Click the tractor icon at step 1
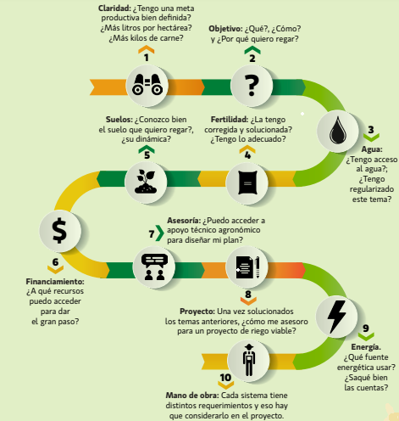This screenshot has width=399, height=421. tap(147, 84)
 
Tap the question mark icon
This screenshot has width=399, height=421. tap(252, 86)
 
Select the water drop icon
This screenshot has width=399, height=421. tap(338, 131)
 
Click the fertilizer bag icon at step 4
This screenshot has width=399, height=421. tap(247, 182)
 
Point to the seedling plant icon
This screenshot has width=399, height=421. tap(146, 182)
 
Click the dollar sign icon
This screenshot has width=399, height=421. tap(59, 231)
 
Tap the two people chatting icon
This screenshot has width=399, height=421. tap(154, 267)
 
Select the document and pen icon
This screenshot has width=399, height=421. tap(247, 267)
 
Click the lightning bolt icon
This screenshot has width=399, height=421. tap(336, 317)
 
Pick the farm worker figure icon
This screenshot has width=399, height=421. tap(249, 360)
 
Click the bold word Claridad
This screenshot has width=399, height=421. tap(114, 8)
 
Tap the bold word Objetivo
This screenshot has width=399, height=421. tap(225, 29)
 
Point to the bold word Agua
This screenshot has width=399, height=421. tap(372, 149)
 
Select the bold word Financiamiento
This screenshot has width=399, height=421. tap(55, 282)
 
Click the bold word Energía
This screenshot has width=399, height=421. tap(366, 347)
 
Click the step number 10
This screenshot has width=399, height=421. tap(225, 378)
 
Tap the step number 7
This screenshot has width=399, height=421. tap(152, 234)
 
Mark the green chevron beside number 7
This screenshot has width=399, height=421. tap(160, 233)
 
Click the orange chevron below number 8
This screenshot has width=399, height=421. tap(248, 301)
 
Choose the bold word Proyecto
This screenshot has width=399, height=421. tap(197, 312)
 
